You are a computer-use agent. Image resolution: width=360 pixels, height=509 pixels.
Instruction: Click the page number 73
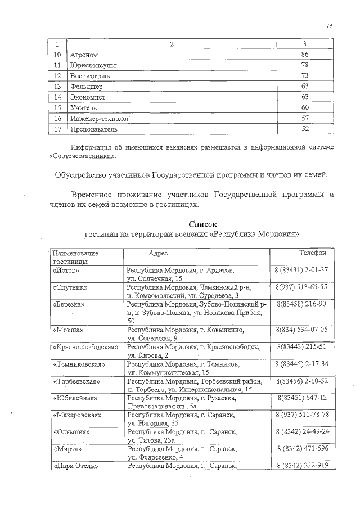[330, 25]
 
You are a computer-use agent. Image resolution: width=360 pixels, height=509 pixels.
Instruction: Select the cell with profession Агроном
[84, 55]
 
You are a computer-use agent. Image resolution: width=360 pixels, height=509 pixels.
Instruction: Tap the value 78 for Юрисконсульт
[305, 65]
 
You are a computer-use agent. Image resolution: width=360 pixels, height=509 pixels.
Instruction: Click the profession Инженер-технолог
[100, 119]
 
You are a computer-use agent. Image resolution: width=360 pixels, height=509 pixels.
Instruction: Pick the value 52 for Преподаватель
[305, 129]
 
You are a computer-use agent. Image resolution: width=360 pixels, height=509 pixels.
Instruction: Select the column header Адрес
[159, 254]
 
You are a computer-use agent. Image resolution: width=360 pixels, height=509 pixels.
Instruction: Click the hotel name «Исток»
[66, 271]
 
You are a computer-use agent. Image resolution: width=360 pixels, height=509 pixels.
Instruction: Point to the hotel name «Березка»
[69, 304]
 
